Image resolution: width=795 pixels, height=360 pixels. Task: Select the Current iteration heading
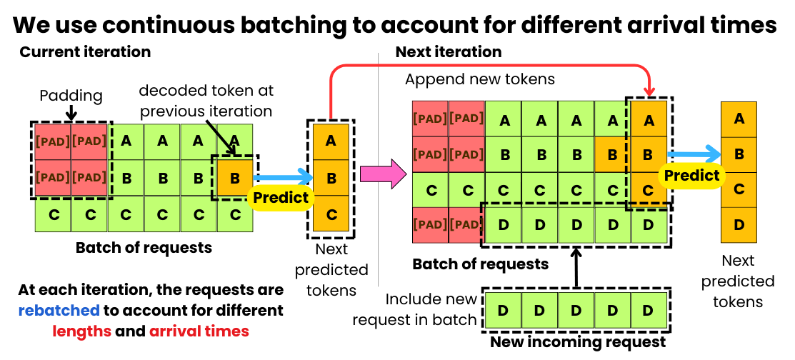[x=85, y=52]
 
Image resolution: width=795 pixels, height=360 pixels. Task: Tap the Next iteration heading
[x=449, y=52]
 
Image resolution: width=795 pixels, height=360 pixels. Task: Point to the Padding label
[x=71, y=95]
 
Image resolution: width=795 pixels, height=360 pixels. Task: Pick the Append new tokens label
[x=480, y=79]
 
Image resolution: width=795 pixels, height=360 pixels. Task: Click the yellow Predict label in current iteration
[x=281, y=198]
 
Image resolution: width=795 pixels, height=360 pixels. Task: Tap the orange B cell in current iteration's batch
[x=234, y=176]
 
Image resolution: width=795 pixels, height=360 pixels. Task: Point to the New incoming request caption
[x=577, y=342]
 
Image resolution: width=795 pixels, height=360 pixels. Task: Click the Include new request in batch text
[x=431, y=309]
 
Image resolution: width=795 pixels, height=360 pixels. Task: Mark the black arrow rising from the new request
[x=577, y=268]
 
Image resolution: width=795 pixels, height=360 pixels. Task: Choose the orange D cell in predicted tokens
[x=739, y=225]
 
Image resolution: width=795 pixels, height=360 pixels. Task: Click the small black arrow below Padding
[x=71, y=112]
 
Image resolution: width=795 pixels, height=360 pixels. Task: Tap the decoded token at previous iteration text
[x=206, y=101]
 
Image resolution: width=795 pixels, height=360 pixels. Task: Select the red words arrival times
[x=199, y=331]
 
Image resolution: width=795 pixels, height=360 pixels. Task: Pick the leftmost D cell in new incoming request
[x=503, y=311]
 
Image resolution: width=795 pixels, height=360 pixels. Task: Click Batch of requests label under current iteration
[x=144, y=248]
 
